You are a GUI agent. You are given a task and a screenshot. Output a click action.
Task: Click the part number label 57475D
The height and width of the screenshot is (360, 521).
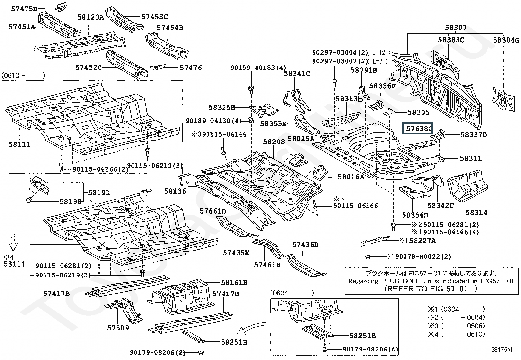[x=25, y=9]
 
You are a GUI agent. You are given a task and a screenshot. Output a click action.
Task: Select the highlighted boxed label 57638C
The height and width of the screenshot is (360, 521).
[x=418, y=129]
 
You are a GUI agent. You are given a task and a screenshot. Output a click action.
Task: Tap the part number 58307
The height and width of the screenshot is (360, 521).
[x=456, y=28]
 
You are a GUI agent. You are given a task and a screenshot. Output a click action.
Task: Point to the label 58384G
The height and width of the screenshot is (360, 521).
[x=506, y=40]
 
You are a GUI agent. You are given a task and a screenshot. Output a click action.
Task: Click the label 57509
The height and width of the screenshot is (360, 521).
[x=118, y=328]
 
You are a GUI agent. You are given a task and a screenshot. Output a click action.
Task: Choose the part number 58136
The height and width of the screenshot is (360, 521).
[x=175, y=191]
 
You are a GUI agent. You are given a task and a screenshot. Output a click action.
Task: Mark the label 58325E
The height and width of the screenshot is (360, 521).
[x=222, y=107]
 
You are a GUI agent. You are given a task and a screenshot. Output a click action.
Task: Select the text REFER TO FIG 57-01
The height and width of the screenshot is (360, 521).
[x=431, y=289]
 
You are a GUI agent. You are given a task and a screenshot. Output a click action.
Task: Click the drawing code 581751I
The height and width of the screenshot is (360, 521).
[x=501, y=350]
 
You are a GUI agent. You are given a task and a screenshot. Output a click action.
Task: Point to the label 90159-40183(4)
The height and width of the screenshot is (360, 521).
[x=258, y=68]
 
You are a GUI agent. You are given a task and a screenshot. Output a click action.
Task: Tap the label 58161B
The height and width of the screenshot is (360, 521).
[x=234, y=282]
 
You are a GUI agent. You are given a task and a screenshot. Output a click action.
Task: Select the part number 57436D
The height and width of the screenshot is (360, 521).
[x=305, y=245]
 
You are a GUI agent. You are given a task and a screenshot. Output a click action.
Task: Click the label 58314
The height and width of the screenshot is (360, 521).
[x=476, y=212]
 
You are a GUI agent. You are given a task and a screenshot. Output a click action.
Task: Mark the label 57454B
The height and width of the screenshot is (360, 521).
[x=170, y=28]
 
